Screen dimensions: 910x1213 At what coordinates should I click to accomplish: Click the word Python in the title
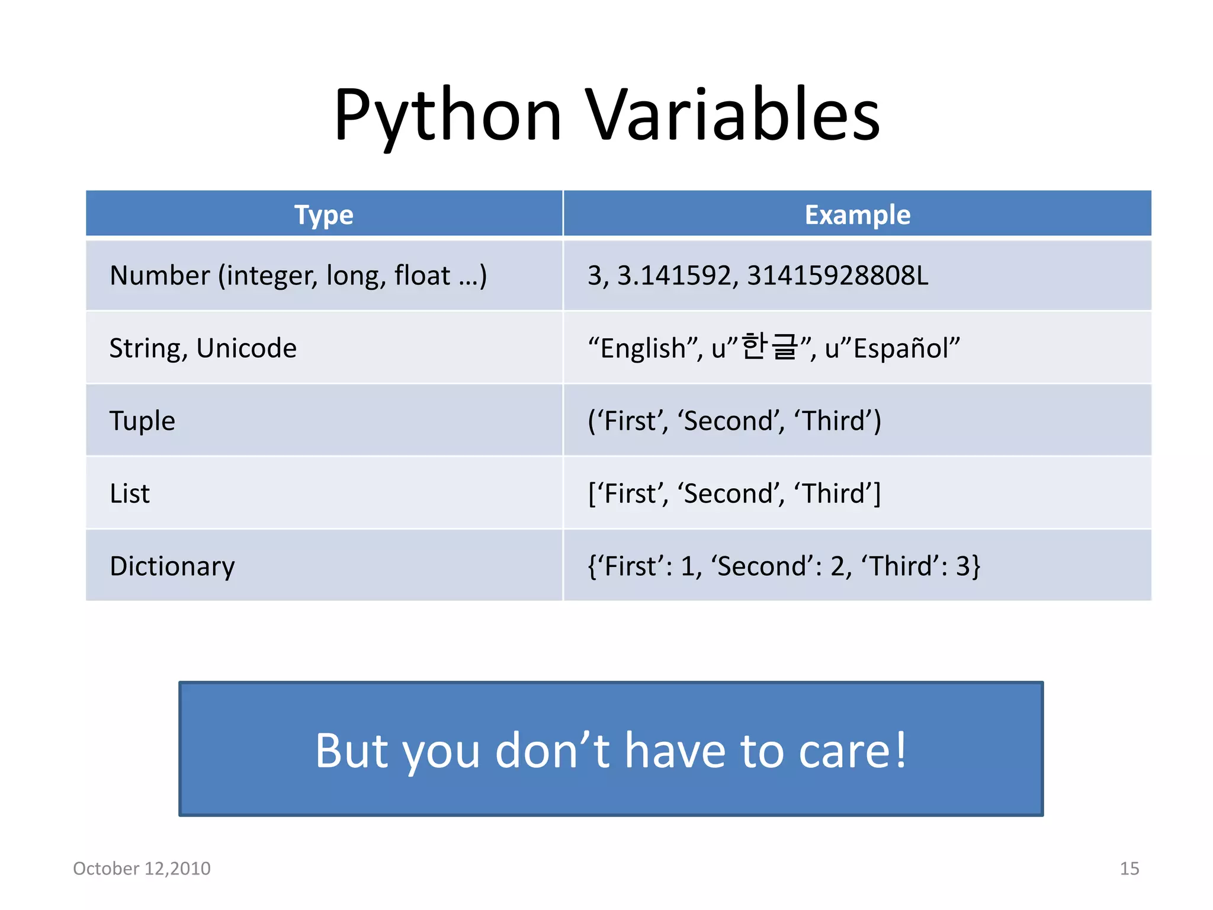tap(447, 116)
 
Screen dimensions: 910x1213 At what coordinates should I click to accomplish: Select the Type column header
tap(324, 214)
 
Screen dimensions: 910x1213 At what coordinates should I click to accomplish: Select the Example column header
tap(857, 214)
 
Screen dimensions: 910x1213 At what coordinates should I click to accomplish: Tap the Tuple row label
tap(142, 421)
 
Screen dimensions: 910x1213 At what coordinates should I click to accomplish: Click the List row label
tap(130, 494)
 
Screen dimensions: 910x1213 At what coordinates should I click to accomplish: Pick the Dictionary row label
tap(172, 566)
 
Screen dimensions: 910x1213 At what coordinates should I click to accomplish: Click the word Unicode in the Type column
tap(246, 348)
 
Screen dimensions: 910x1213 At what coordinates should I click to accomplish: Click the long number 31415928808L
tap(837, 275)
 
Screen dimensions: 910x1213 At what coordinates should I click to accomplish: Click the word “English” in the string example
tap(643, 348)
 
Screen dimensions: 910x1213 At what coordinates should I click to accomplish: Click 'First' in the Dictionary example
tap(631, 566)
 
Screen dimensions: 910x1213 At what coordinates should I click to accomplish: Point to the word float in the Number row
tap(422, 275)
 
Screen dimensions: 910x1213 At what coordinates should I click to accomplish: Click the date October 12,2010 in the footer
tap(142, 869)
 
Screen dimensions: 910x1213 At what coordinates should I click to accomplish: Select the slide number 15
tap(1129, 869)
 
